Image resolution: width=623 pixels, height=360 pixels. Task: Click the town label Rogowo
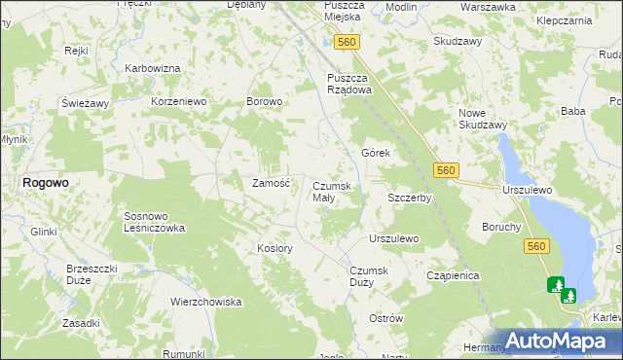pos(45,182)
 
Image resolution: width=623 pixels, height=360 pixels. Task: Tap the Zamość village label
pos(272,182)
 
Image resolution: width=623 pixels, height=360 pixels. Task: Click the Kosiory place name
pos(275,248)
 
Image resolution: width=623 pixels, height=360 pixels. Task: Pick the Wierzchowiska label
pos(205,302)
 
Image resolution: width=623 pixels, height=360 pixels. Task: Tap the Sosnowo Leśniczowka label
pos(154,222)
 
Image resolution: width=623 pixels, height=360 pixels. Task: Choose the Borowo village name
pos(264,101)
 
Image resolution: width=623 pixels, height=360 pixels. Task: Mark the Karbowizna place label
pos(153,68)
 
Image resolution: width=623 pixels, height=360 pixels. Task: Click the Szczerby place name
pos(409,197)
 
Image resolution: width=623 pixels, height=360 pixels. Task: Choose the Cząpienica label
pos(453,275)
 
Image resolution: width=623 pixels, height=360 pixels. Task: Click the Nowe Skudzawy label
pos(483,119)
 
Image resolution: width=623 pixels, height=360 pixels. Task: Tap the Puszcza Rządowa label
pos(349,84)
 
